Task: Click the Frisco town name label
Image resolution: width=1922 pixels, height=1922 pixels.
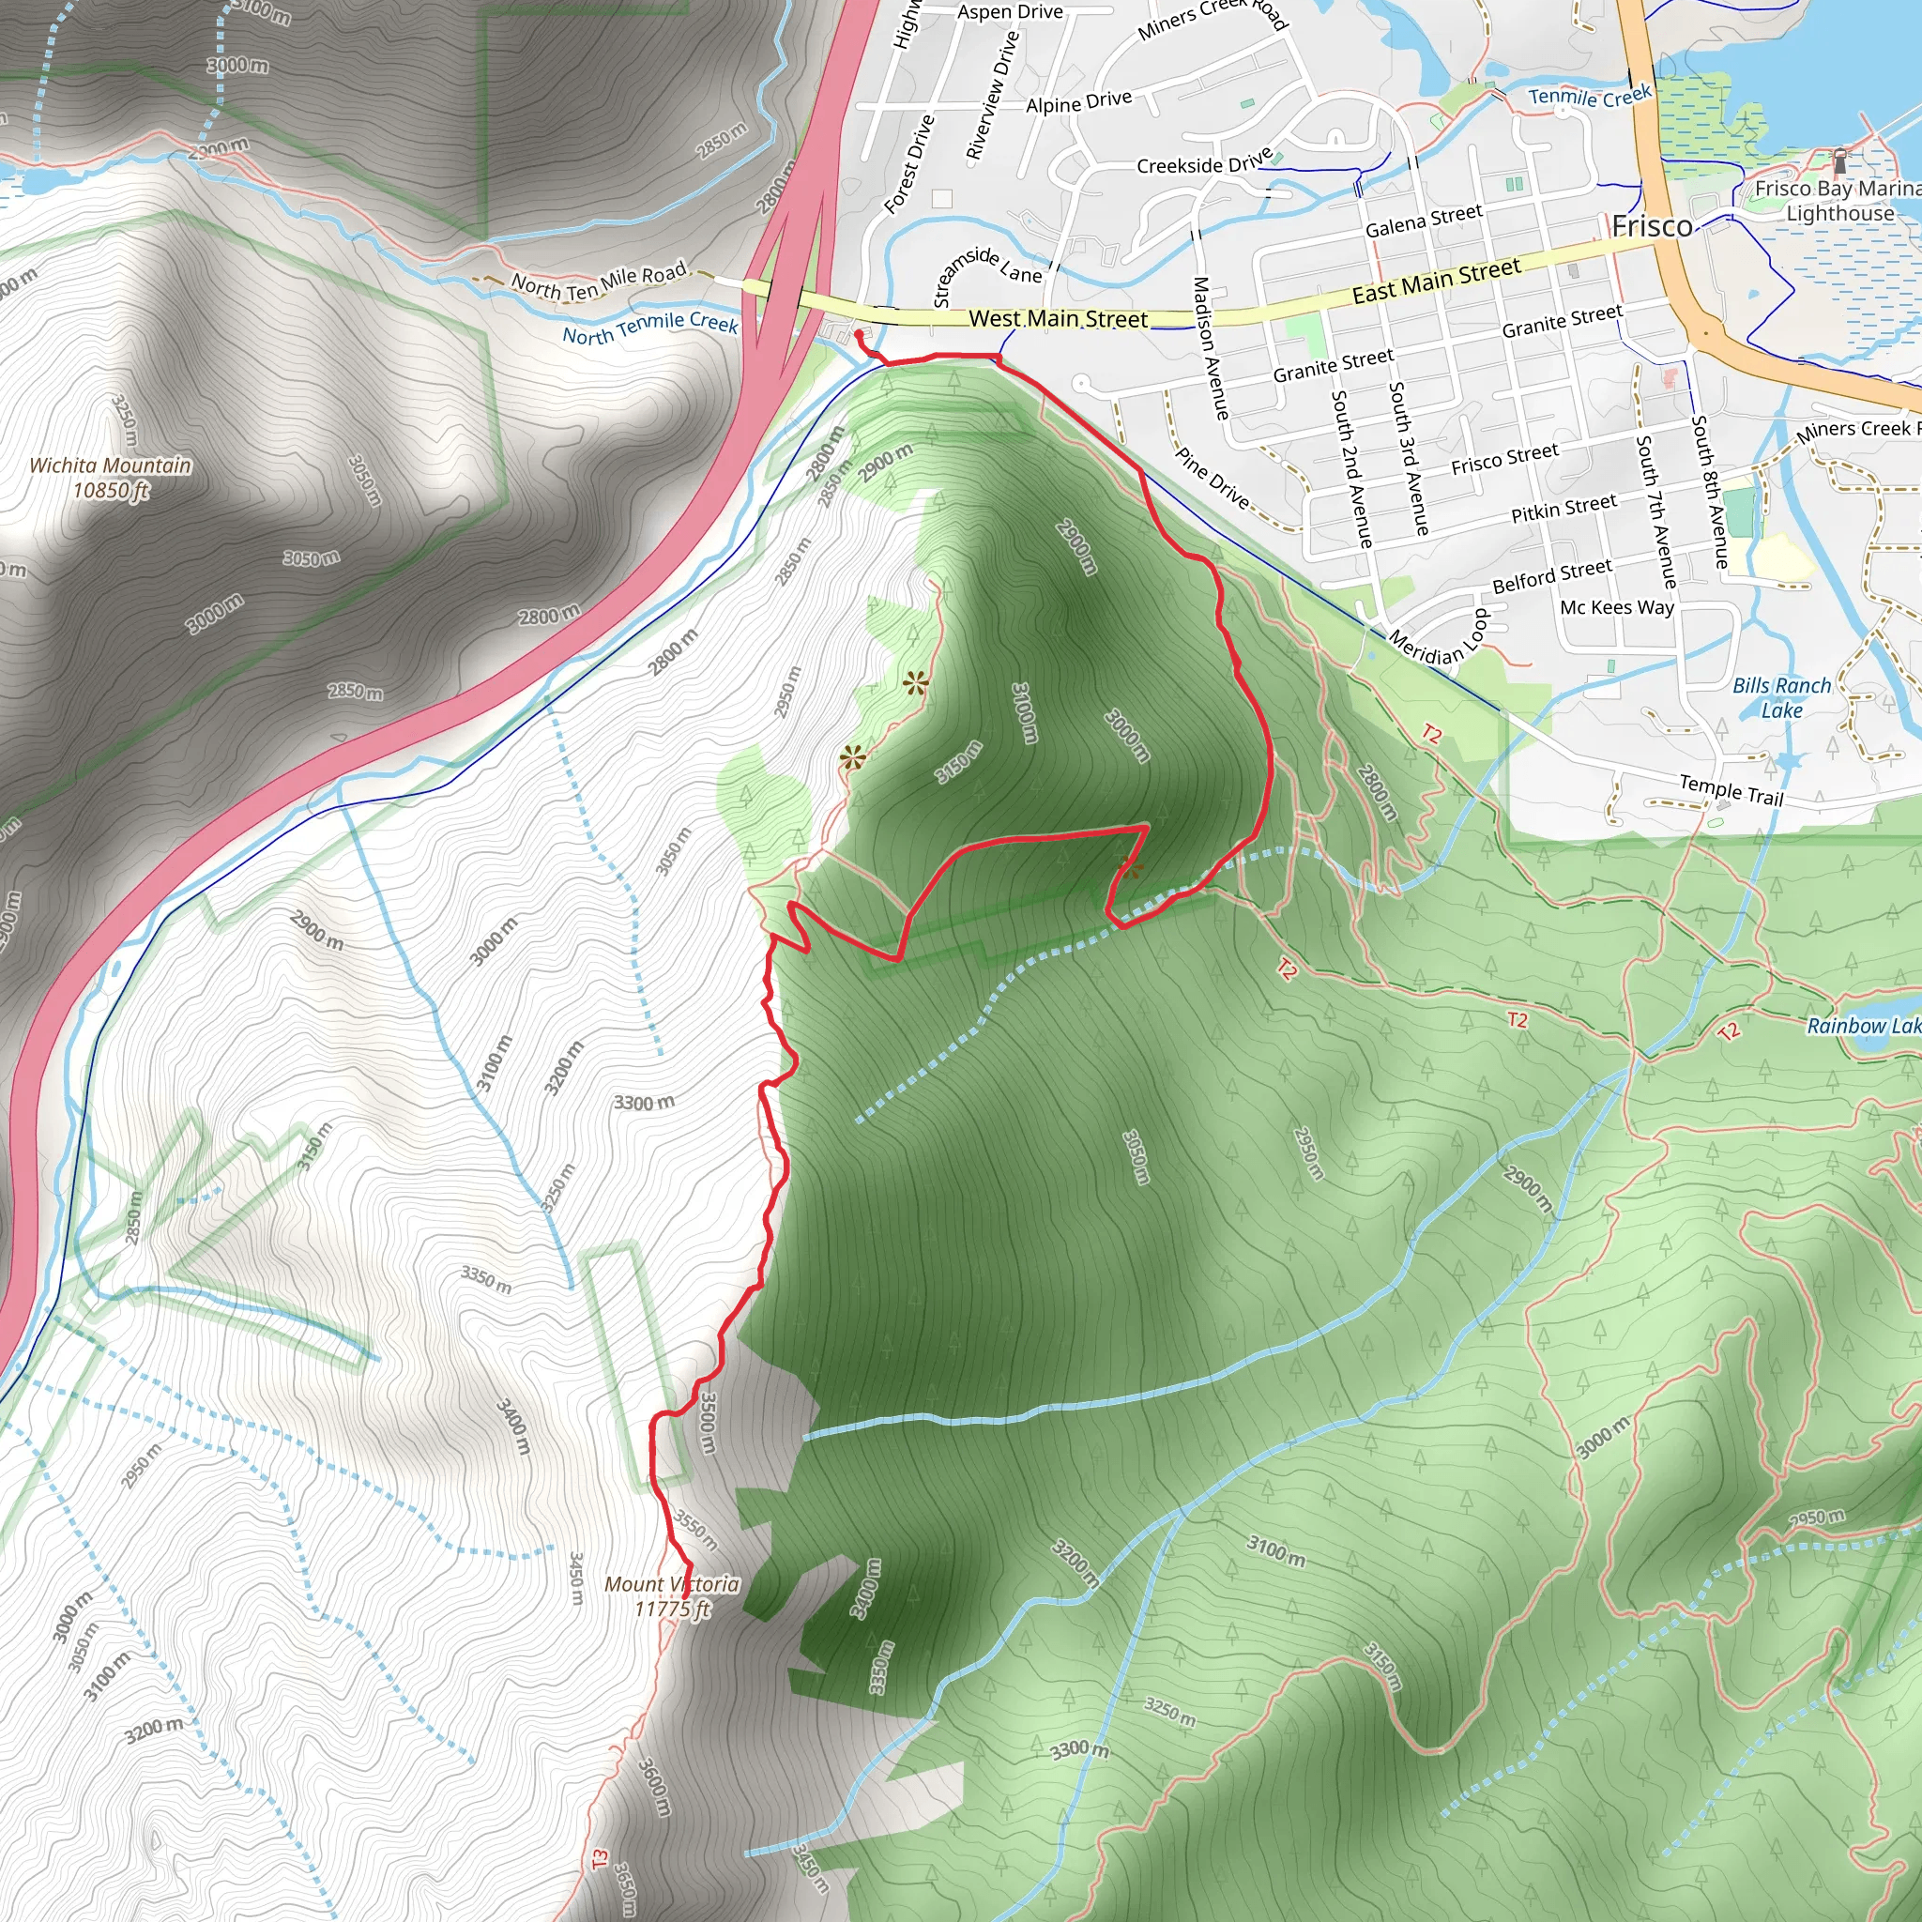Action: coord(1652,227)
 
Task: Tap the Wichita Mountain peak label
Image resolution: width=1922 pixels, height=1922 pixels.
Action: coord(111,478)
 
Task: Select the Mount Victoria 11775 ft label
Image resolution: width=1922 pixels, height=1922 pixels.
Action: coord(673,1595)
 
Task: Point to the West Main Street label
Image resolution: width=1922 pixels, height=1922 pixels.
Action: coord(1058,319)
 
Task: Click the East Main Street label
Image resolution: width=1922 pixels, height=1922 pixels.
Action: coord(1436,282)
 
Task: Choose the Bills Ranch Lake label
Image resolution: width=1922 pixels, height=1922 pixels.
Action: coord(1780,697)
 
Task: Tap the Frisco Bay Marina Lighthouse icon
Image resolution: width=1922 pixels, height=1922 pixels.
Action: coord(1839,160)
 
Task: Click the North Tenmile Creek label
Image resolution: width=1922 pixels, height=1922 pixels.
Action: coord(649,328)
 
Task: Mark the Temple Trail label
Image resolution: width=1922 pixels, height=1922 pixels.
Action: coord(1731,790)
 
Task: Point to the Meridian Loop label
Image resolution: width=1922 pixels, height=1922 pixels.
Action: coord(1440,639)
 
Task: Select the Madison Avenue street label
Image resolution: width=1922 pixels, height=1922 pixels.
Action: coord(1210,347)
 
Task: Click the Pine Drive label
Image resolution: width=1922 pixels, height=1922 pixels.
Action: coord(1212,479)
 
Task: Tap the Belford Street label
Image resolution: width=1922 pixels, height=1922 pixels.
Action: coord(1552,575)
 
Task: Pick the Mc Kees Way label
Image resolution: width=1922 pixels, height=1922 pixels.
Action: coord(1617,607)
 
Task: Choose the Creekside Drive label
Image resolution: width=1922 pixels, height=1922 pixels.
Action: coord(1205,162)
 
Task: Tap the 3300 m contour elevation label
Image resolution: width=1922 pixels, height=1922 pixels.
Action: coord(644,1103)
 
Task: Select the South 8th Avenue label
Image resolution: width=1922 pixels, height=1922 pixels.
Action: coord(1711,492)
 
